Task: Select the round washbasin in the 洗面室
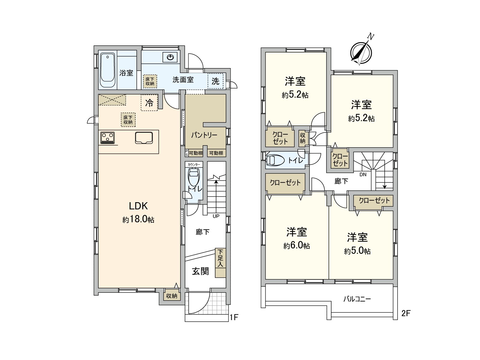tap(170, 57)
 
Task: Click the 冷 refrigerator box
tap(149, 103)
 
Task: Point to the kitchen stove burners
tap(107, 138)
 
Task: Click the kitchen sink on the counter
tap(144, 138)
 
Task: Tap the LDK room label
tap(138, 206)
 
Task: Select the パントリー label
tap(204, 135)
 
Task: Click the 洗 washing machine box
tap(215, 81)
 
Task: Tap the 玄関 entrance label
tap(200, 271)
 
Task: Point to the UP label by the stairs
tap(216, 216)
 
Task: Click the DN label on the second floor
tap(363, 175)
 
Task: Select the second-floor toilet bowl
tap(275, 160)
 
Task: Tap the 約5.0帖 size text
tap(357, 251)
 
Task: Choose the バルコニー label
tap(357, 299)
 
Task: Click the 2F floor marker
tap(406, 313)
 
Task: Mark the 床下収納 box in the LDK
tap(128, 120)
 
